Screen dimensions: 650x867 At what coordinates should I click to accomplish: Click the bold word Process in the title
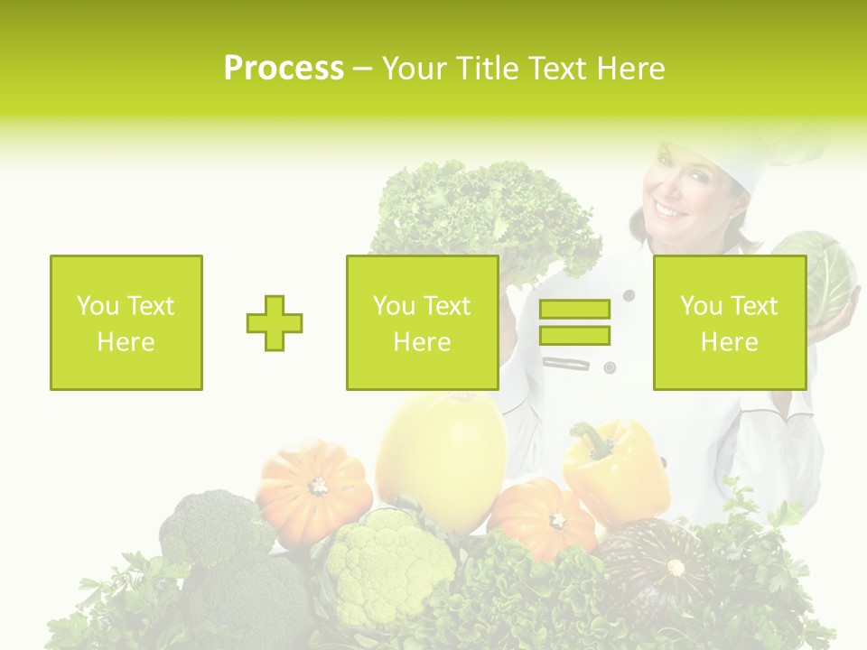(284, 69)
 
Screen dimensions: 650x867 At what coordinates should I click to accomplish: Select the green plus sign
(275, 323)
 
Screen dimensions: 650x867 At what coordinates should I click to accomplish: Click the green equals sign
(574, 322)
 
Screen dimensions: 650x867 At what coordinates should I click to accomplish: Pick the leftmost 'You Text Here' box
(126, 322)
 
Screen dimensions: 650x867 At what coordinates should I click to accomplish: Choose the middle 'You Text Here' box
(422, 322)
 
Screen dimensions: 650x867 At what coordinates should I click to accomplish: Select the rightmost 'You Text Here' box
(729, 322)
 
